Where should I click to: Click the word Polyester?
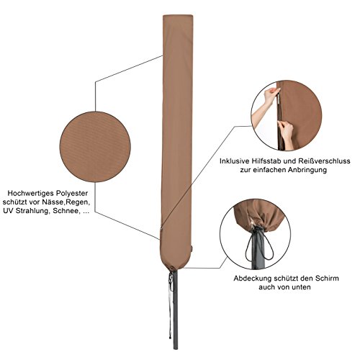(x=71, y=193)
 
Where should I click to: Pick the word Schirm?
(x=327, y=279)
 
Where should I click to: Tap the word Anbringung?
(x=307, y=170)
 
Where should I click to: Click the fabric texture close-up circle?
(x=95, y=147)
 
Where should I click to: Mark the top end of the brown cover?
(x=178, y=16)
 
